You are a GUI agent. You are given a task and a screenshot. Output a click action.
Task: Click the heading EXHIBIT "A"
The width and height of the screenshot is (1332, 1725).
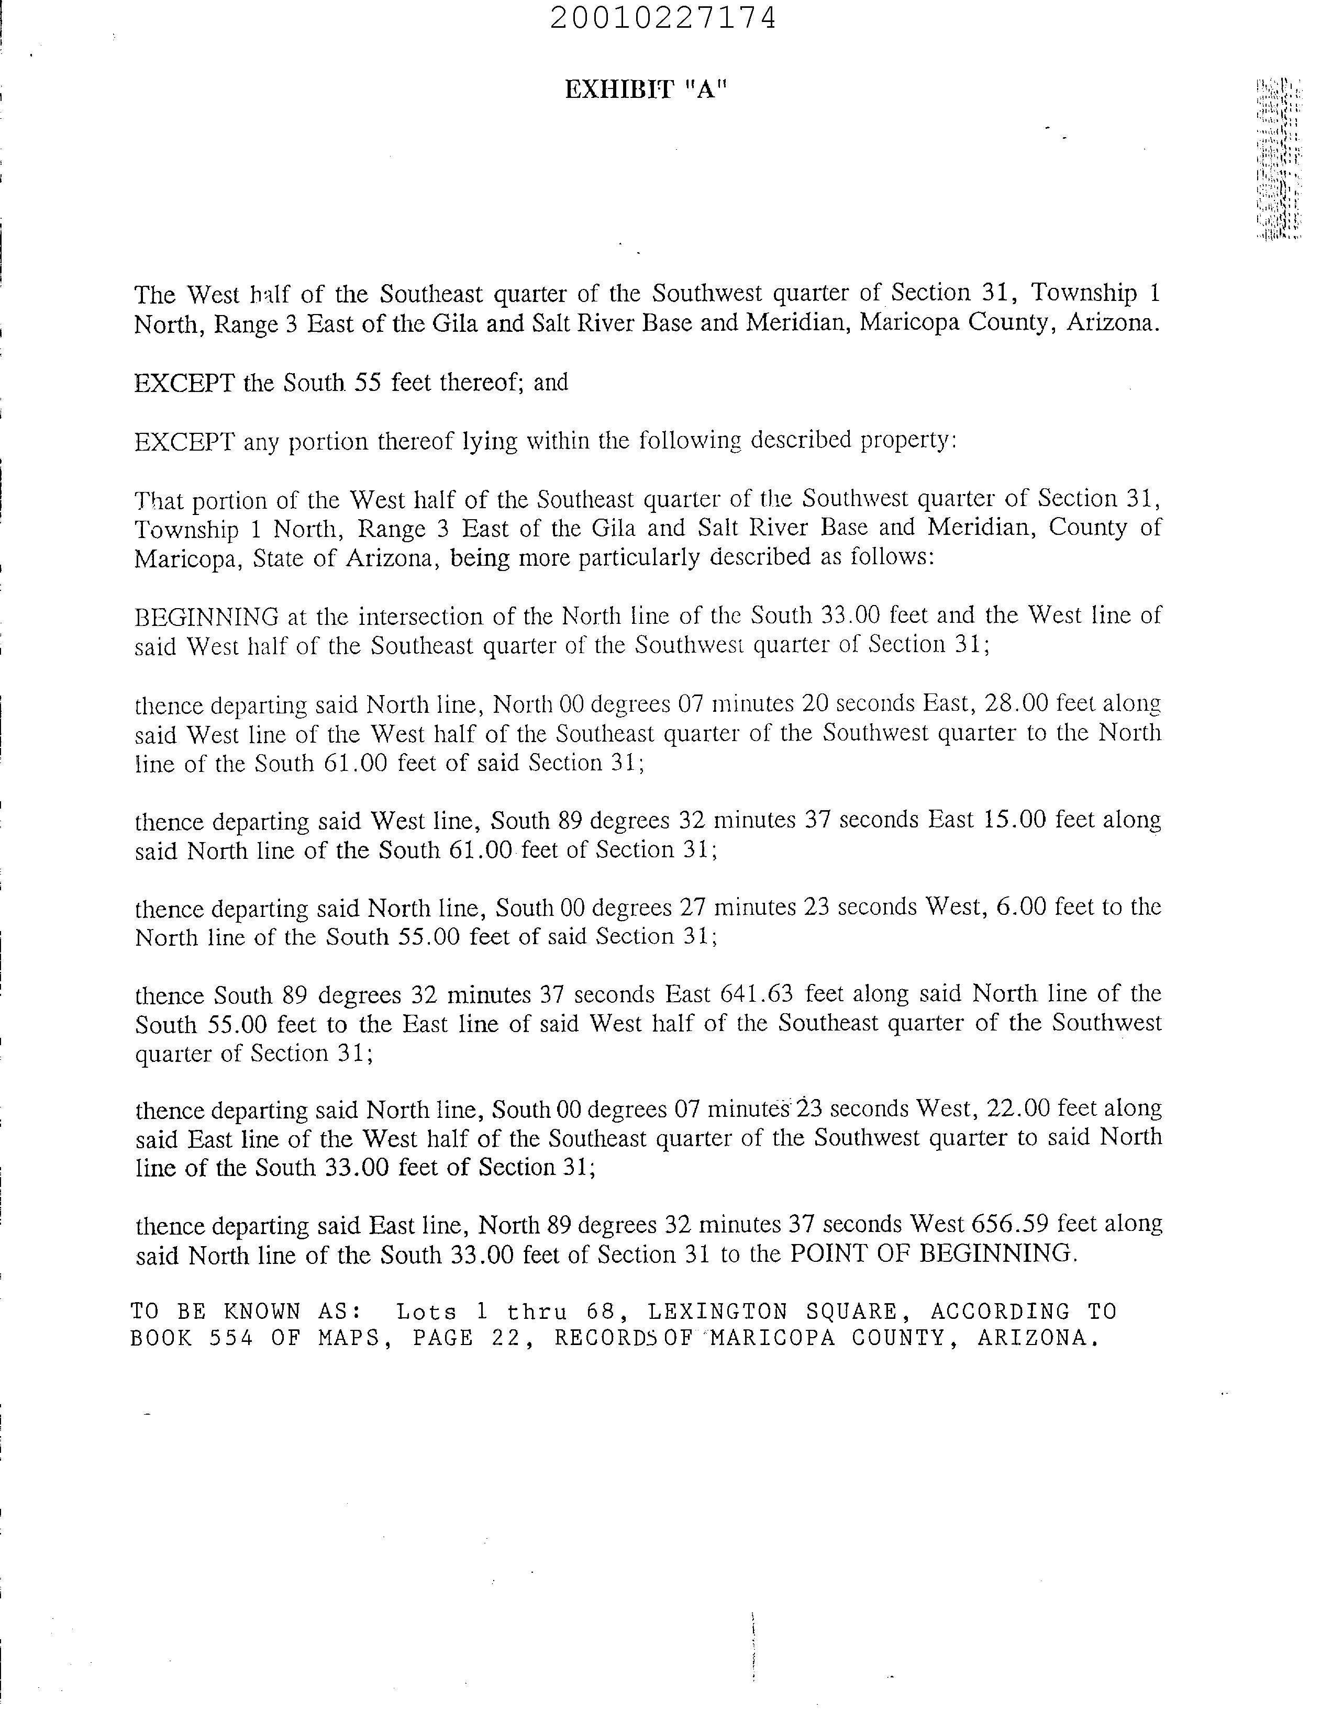click(645, 90)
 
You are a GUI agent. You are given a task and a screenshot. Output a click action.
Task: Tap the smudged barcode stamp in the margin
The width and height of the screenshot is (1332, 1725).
click(1278, 158)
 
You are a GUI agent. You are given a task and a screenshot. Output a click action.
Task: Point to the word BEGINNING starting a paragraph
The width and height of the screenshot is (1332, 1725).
click(206, 616)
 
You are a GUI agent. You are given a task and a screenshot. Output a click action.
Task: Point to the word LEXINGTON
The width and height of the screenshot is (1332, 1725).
click(717, 1312)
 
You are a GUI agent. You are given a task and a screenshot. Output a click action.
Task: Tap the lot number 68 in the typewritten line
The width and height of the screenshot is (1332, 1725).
click(600, 1312)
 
